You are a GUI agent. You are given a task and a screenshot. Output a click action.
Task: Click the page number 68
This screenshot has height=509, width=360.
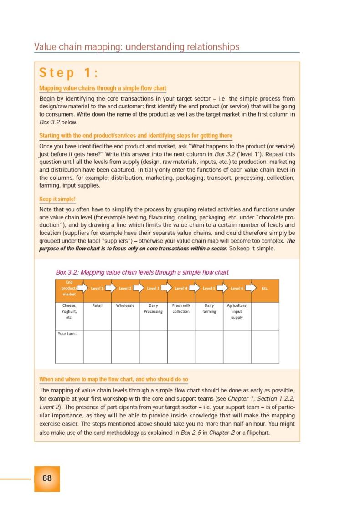(x=47, y=478)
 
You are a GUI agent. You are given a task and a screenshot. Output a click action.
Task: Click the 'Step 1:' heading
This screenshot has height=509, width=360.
(x=69, y=73)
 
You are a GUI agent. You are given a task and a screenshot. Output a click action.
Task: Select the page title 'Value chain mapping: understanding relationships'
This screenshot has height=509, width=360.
(x=137, y=47)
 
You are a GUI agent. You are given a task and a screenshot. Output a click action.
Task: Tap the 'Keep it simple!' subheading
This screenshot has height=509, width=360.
(x=57, y=199)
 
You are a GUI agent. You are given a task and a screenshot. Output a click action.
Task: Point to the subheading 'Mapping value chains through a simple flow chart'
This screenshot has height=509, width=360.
(x=103, y=88)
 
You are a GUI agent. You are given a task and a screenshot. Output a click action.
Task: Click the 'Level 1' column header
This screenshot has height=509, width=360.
(x=97, y=288)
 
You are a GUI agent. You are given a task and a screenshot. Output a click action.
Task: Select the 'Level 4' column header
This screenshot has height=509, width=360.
(x=181, y=288)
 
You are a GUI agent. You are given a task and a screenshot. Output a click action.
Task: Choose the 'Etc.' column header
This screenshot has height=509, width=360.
(x=265, y=288)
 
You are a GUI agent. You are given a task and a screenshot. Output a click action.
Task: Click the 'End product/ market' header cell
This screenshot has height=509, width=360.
(x=69, y=288)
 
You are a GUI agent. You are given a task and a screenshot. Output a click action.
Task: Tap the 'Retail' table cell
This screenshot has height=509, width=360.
(x=97, y=305)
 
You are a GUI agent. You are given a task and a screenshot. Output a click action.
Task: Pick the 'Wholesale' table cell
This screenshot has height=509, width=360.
(x=125, y=305)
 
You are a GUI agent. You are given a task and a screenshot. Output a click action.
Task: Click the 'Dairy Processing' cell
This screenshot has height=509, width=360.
(x=153, y=309)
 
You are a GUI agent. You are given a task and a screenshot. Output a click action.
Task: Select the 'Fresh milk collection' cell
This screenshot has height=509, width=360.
(x=181, y=309)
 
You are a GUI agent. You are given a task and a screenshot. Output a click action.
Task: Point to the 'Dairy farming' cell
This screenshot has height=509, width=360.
(x=209, y=309)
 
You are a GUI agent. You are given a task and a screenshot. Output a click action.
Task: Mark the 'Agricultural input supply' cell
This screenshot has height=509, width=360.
(x=237, y=311)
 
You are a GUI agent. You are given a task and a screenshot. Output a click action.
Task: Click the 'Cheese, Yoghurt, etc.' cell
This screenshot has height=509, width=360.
(x=69, y=311)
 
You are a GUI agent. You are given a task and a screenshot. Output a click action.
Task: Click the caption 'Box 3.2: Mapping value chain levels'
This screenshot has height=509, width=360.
(x=142, y=272)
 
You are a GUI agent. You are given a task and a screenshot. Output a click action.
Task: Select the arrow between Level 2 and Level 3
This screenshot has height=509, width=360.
(x=139, y=288)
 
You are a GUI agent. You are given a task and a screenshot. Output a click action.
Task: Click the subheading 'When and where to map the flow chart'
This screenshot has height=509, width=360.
(x=113, y=379)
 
